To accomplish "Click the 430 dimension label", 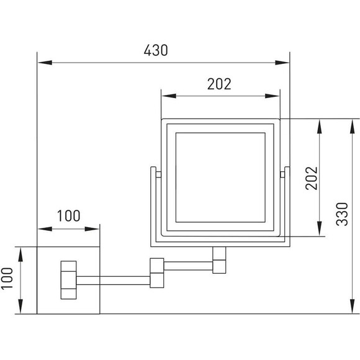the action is pos(156,50).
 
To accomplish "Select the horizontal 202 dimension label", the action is pos(219,84).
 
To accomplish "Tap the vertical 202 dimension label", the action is pos(312,178).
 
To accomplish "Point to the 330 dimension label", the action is pos(342,214).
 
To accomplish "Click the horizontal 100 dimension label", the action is pos(68,216).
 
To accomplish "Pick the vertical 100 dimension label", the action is pos(7,279).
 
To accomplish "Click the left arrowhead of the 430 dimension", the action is pos(45,63).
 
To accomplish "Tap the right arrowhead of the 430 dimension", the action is pos(282,63).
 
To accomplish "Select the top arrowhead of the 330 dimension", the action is pos(352,126).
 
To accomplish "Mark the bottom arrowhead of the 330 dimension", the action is pos(352,306).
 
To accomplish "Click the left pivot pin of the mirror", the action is pos(158,174).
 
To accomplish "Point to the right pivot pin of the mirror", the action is pos(282,174).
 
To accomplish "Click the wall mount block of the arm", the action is pos(68,280).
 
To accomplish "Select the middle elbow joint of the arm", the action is pos(157,272).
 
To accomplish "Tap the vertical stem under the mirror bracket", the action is pos(219,260).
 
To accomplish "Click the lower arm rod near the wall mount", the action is pos(113,281).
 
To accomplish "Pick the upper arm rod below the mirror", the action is pos(188,266).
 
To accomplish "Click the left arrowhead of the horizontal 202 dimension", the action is pos(169,96).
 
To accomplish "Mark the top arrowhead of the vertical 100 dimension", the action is pos(20,254).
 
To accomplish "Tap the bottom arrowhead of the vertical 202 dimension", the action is pos(320,228).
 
